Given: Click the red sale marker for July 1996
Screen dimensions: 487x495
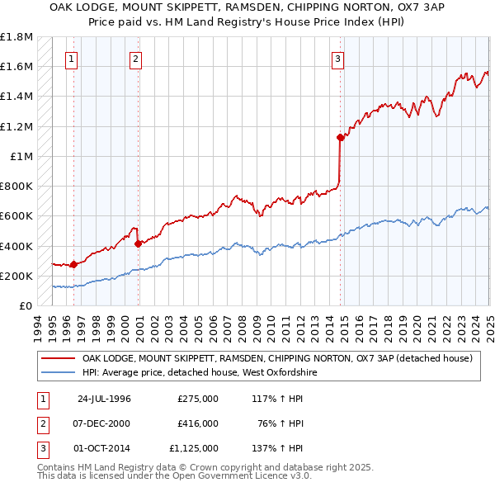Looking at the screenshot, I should coord(73,265).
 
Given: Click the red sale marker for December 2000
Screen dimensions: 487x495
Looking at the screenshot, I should coord(137,243).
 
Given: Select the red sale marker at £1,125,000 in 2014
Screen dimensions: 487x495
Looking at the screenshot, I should coord(340,137).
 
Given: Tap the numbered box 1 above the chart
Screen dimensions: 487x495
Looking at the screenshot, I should coord(72,59).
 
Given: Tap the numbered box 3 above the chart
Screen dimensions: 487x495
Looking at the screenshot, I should coord(337,59).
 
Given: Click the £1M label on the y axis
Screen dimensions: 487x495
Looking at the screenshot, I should coord(21,157).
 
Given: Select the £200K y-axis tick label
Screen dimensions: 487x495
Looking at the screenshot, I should coord(16,276).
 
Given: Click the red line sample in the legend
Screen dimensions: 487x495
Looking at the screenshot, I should coord(57,358).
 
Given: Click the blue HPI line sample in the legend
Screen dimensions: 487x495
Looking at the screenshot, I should coord(57,373).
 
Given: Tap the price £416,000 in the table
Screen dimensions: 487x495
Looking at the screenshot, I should coord(197,423).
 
